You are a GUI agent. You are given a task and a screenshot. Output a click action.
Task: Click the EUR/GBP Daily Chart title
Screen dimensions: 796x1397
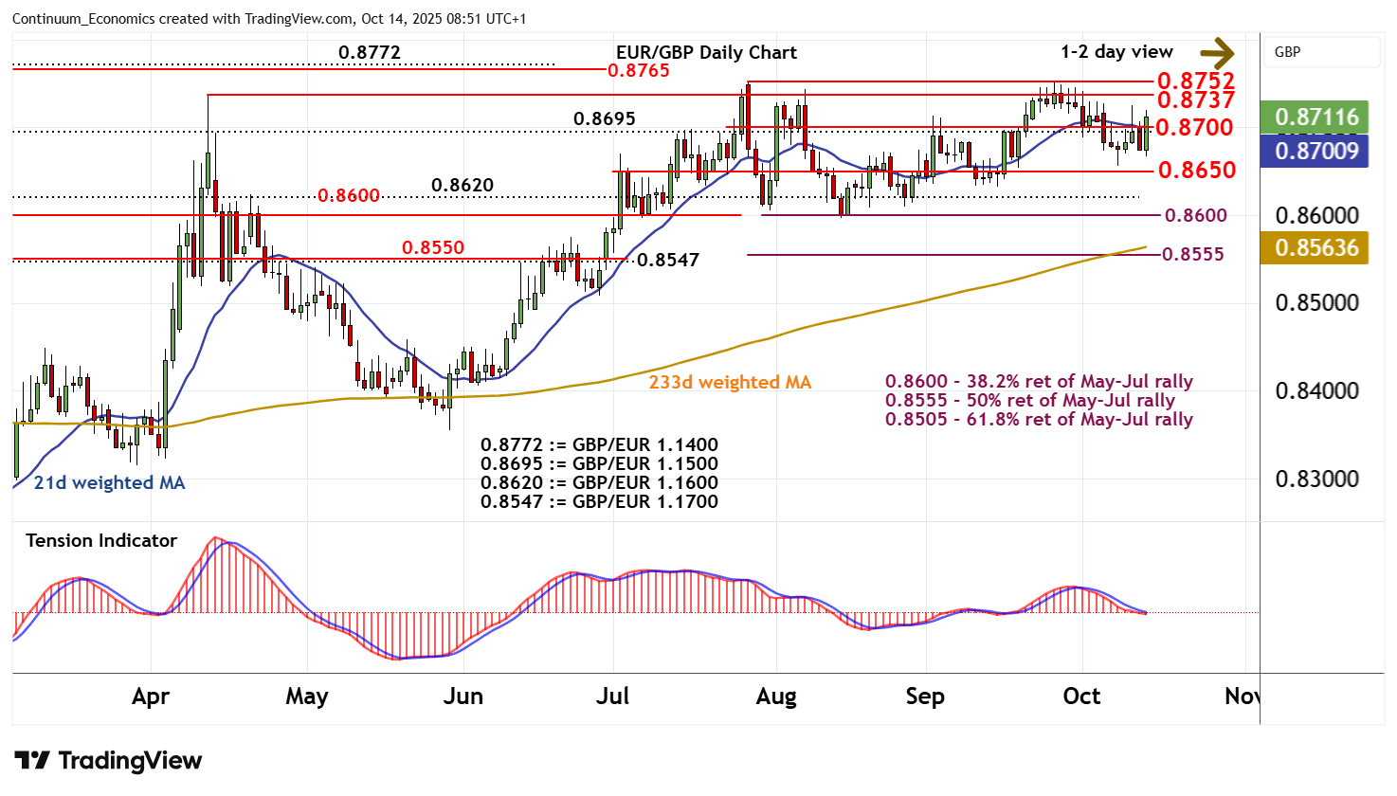pyautogui.click(x=706, y=52)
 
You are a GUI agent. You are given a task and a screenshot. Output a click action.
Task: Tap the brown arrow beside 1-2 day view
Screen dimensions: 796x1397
pyautogui.click(x=1217, y=53)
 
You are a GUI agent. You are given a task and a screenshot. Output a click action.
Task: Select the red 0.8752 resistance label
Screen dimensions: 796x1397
pyautogui.click(x=1195, y=81)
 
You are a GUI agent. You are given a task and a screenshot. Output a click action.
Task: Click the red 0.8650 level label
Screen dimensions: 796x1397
pyautogui.click(x=1197, y=170)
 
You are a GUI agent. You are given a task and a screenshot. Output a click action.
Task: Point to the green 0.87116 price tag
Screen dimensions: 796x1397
pyautogui.click(x=1315, y=117)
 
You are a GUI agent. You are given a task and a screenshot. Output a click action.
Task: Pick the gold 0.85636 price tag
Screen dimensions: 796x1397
pyautogui.click(x=1315, y=247)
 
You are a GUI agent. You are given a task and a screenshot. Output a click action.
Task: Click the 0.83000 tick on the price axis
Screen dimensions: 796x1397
pyautogui.click(x=1316, y=479)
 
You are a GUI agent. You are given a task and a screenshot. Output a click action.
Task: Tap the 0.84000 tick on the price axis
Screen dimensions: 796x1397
pyautogui.click(x=1316, y=390)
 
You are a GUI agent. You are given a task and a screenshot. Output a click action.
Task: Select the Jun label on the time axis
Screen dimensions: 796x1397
pyautogui.click(x=463, y=696)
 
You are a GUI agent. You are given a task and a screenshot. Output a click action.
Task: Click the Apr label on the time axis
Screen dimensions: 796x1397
pyautogui.click(x=151, y=696)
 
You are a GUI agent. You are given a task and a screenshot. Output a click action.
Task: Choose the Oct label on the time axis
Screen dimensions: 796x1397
pyautogui.click(x=1081, y=696)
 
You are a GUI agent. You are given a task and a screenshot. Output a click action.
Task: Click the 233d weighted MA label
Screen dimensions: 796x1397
pyautogui.click(x=730, y=382)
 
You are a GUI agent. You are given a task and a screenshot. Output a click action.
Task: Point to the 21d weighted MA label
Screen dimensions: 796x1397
pyautogui.click(x=109, y=482)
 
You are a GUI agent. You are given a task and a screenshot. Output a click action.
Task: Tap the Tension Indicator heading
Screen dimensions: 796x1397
pyautogui.click(x=101, y=540)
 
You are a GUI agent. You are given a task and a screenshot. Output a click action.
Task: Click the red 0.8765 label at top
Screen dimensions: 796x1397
pyautogui.click(x=638, y=70)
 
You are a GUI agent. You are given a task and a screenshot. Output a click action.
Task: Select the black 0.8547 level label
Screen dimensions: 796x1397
pyautogui.click(x=667, y=260)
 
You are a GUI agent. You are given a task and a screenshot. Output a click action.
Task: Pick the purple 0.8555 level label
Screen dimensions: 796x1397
pyautogui.click(x=1192, y=254)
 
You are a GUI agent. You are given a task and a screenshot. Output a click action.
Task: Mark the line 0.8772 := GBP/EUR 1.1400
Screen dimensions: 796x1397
pyautogui.click(x=599, y=444)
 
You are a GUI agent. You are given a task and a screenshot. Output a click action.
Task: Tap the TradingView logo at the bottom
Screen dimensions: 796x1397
pyautogui.click(x=108, y=760)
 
